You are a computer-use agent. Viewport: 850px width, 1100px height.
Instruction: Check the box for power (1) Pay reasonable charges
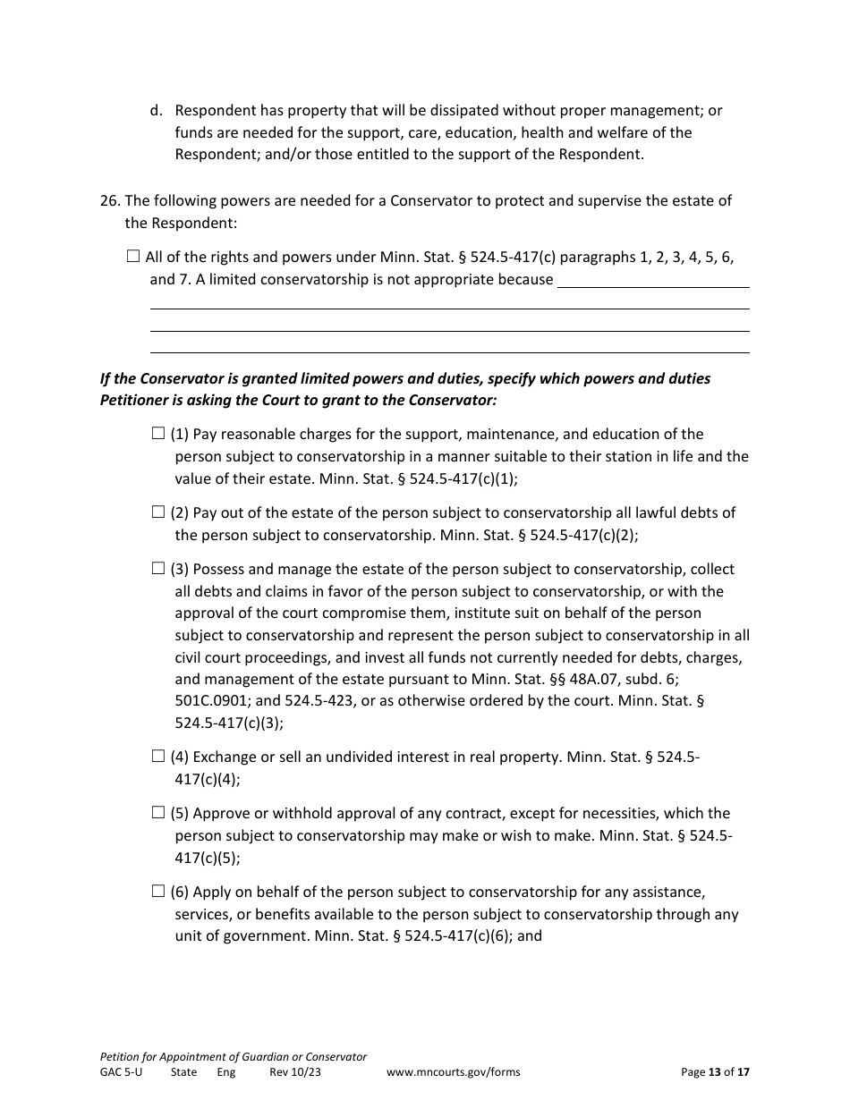158,434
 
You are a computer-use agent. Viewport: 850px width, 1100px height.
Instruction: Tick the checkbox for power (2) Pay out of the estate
158,512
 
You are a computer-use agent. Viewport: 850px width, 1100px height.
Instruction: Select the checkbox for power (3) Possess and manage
158,568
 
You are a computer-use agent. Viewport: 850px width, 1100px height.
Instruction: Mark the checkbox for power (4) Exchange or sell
158,757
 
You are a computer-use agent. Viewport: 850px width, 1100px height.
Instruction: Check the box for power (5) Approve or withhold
158,813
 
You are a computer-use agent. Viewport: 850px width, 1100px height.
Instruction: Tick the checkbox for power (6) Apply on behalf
158,891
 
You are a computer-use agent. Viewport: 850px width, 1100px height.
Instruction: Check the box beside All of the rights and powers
133,257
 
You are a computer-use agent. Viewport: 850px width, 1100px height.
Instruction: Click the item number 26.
109,200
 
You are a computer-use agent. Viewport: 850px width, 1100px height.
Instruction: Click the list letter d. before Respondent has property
157,111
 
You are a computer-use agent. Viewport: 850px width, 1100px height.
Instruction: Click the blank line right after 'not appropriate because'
653,281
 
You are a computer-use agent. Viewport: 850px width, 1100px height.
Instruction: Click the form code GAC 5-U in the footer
121,1072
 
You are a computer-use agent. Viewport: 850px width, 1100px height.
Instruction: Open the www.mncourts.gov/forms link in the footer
453,1072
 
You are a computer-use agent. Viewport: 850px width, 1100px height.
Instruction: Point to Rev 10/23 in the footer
294,1072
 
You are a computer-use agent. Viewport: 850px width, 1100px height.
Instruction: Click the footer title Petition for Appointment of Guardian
233,1056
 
